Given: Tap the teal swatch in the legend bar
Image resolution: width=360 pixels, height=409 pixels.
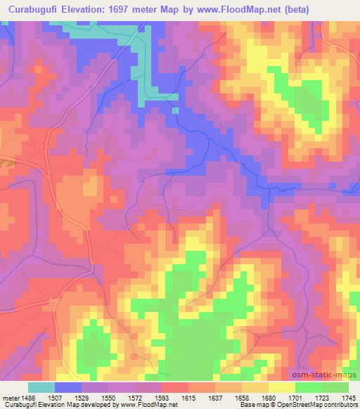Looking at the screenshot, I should coord(41,387).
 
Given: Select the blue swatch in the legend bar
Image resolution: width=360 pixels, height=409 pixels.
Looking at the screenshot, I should coord(67,387).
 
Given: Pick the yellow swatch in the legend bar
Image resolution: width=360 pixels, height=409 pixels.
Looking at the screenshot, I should coord(281,387).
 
